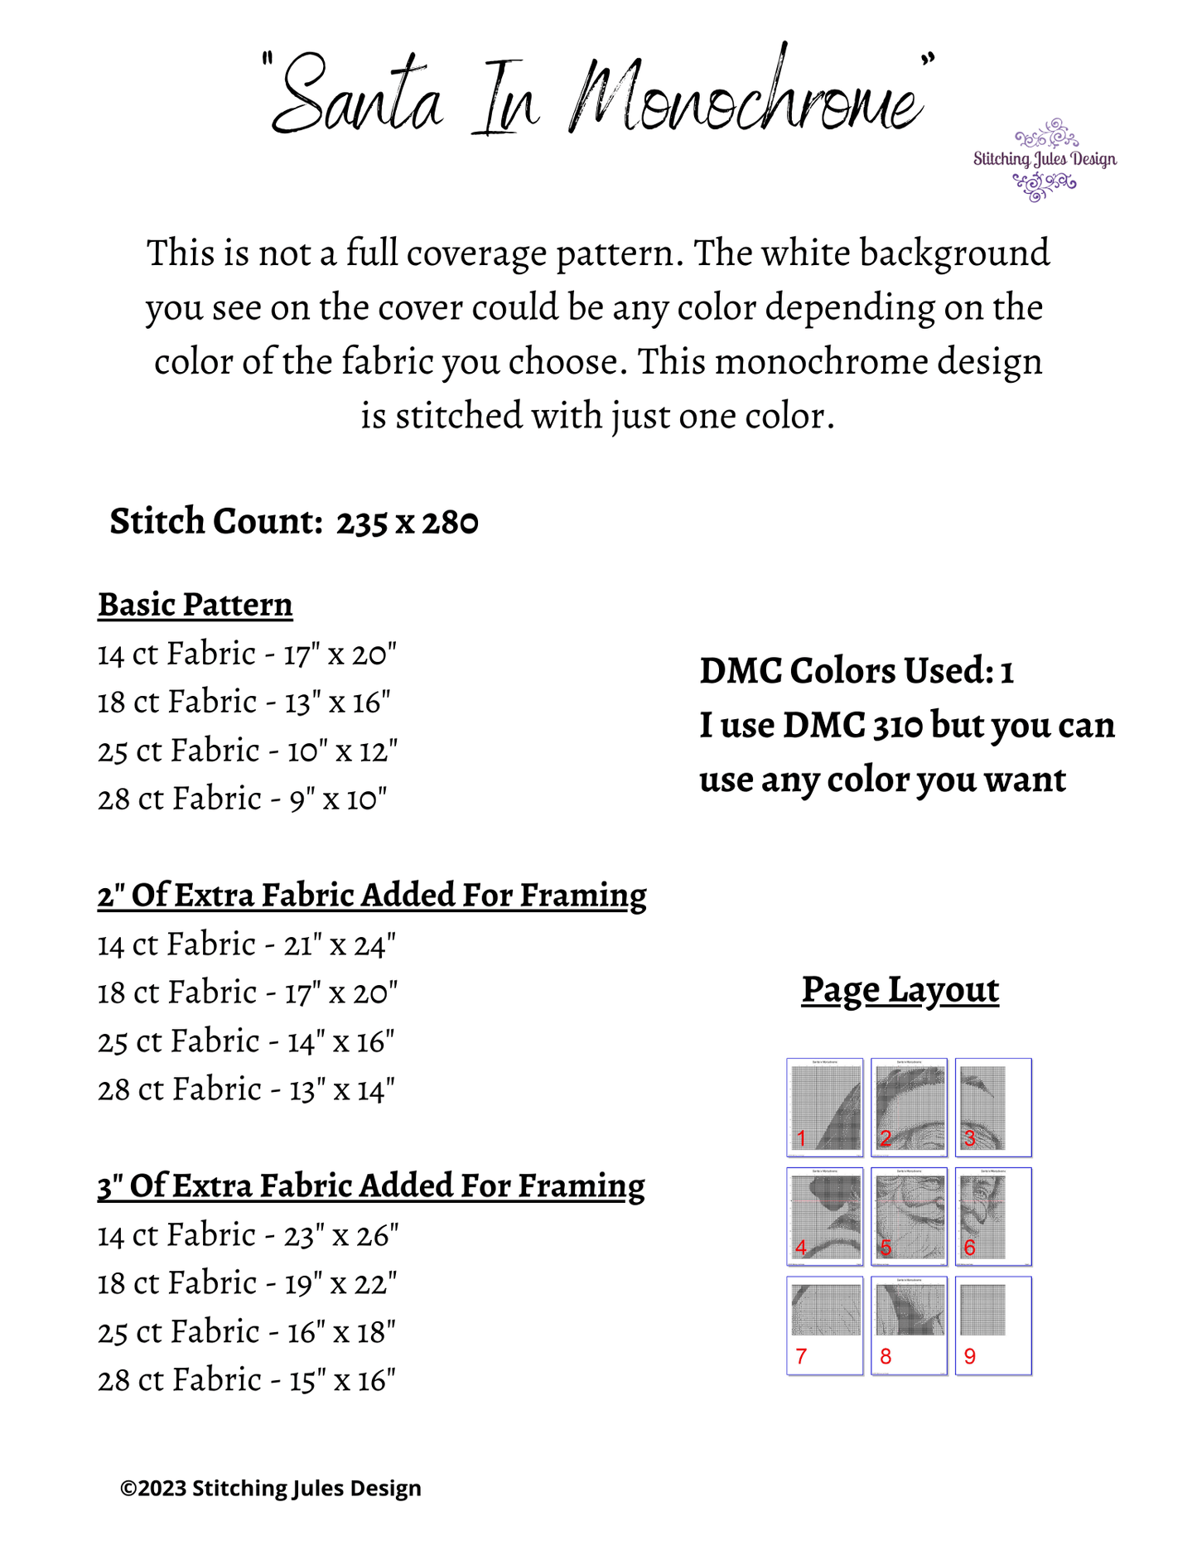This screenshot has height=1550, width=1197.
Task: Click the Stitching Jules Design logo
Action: pos(1045,159)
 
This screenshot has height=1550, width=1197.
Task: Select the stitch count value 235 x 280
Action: pos(407,523)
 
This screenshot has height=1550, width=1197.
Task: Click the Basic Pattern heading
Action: pos(195,605)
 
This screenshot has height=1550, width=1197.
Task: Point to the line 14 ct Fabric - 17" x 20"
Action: pos(247,654)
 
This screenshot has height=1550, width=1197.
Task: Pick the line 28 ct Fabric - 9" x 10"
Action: pos(242,799)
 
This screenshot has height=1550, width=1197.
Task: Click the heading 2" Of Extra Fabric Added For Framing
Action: pos(372,896)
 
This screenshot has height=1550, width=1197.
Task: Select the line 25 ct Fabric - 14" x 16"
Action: pos(246,1041)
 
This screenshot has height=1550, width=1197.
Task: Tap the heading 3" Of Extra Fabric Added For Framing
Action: pos(371,1186)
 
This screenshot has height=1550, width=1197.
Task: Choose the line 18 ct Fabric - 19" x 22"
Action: pos(247,1283)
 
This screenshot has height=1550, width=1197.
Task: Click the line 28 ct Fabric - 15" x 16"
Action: pos(246,1380)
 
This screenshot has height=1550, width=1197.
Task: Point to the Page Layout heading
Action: pos(900,990)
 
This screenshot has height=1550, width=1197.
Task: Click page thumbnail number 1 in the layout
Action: pos(825,1107)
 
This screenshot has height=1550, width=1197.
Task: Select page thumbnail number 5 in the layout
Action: pos(909,1216)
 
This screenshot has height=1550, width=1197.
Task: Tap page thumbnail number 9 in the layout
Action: pos(993,1325)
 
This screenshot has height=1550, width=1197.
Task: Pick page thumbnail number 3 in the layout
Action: pos(993,1107)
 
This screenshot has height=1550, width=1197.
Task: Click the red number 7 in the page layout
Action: pos(801,1356)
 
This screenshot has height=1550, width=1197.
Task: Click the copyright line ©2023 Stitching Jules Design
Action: pos(271,1489)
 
